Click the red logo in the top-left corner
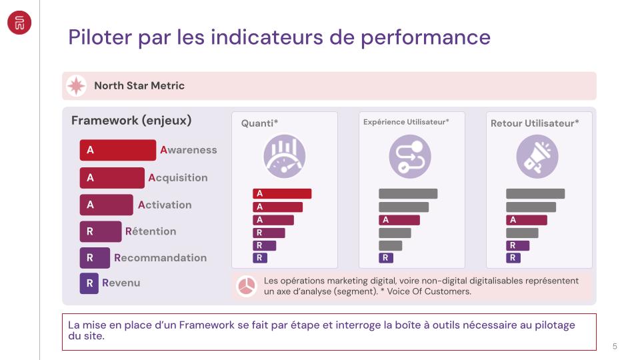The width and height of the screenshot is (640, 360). tap(19, 23)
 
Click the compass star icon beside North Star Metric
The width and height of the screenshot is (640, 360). tap(77, 86)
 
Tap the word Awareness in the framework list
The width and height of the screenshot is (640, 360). tap(189, 151)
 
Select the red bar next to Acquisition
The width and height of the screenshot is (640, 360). tap(111, 178)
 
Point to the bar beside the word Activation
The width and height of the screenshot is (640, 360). tap(106, 205)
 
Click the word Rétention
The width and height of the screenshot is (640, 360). tap(151, 231)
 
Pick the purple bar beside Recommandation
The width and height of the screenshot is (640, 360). tap(95, 258)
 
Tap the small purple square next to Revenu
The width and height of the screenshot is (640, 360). tap(89, 283)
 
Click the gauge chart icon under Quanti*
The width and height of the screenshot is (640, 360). tap(285, 157)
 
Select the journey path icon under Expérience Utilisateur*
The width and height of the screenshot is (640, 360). tap(410, 157)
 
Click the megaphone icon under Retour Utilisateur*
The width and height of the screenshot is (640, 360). tap(537, 157)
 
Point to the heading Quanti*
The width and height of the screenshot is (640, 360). tap(259, 123)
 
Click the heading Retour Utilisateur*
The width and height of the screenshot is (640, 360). tap(535, 123)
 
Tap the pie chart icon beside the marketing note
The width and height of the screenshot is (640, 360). tap(247, 287)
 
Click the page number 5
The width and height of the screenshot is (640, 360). tap(615, 346)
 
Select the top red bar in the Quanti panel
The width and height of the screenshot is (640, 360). tap(282, 193)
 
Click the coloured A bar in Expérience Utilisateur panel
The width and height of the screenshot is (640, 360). tap(399, 220)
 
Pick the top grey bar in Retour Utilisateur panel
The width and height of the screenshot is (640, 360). tap(535, 193)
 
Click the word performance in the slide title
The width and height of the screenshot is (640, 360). tap(427, 37)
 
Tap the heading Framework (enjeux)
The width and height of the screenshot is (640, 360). tap(131, 121)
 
